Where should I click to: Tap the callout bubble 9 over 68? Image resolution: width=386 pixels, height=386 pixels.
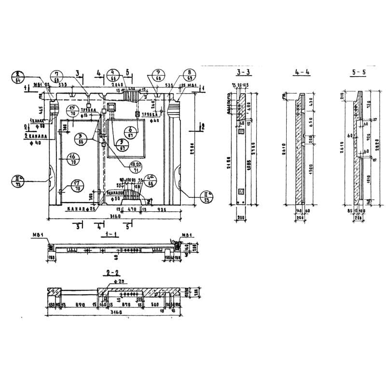pos(158,76)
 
